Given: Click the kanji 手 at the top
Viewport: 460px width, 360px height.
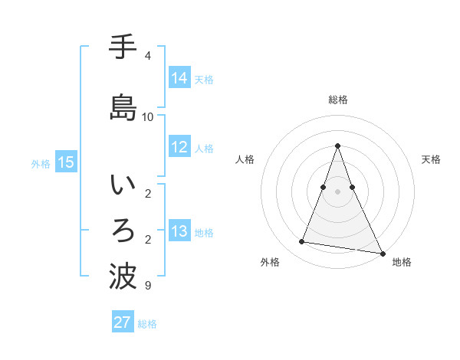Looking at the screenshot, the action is click(x=123, y=47).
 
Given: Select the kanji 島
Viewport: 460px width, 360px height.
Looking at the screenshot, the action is click(x=123, y=107).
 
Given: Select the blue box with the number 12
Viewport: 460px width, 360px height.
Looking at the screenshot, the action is click(x=179, y=147).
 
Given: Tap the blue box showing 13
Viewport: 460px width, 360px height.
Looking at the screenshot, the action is click(x=179, y=231).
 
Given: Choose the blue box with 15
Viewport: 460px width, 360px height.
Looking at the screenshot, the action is click(x=66, y=162).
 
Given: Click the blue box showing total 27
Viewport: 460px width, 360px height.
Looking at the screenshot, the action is click(x=123, y=322).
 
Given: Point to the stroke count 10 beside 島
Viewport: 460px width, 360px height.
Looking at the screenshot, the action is click(x=148, y=116).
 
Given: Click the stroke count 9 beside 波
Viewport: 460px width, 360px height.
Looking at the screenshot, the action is click(x=148, y=286).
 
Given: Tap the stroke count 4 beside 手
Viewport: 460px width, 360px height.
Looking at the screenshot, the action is click(x=148, y=56).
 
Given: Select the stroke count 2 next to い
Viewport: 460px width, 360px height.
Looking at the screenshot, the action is click(x=148, y=193).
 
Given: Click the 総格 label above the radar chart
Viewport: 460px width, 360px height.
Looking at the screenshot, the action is click(x=338, y=100).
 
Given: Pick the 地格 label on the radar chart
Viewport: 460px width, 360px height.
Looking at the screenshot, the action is click(x=402, y=262).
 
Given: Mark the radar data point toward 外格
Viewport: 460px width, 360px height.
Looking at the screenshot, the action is click(x=302, y=242).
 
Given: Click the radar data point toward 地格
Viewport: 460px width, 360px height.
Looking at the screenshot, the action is click(x=381, y=253).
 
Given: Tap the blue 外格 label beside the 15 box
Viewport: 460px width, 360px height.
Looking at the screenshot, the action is click(x=41, y=163).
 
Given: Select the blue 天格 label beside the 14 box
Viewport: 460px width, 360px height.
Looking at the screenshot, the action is click(x=204, y=79).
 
